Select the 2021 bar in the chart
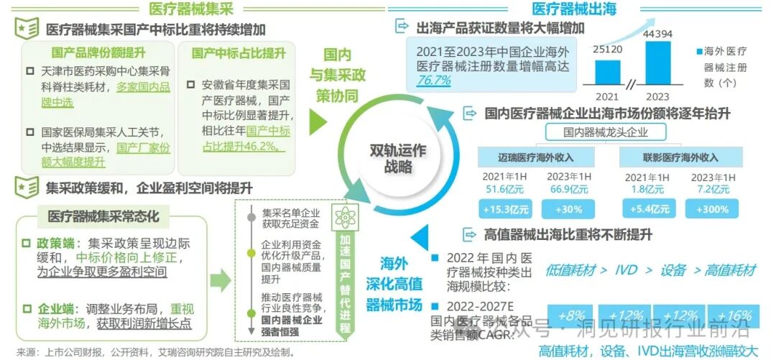(x=608, y=71)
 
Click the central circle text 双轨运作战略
(x=397, y=160)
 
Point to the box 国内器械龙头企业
(x=606, y=132)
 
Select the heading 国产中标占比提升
(x=239, y=53)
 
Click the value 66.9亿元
(x=568, y=189)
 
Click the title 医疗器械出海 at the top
(x=573, y=9)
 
